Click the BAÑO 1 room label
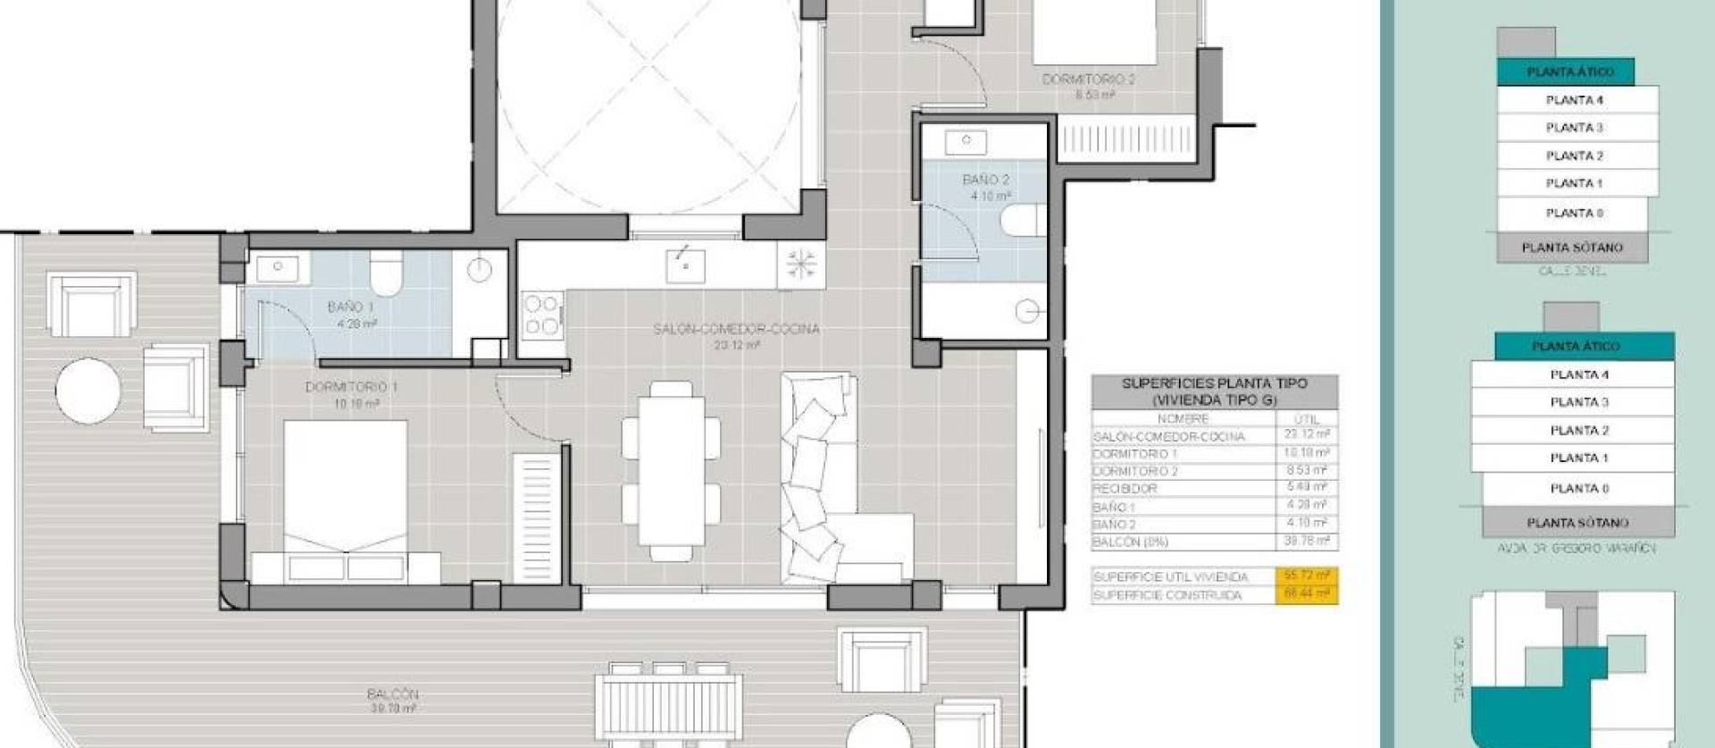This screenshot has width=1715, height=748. click(350, 307)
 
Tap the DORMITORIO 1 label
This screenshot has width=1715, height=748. click(351, 387)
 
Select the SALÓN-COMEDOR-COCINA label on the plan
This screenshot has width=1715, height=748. click(736, 329)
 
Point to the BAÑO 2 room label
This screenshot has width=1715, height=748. click(985, 180)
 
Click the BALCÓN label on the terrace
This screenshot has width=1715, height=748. click(392, 693)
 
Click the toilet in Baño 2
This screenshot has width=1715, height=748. click(1023, 220)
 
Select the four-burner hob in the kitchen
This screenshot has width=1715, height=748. click(541, 315)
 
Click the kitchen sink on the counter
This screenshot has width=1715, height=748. click(685, 265)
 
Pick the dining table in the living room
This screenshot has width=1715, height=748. click(671, 463)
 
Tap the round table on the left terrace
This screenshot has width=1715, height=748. click(88, 391)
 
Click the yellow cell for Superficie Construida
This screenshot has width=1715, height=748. click(1306, 594)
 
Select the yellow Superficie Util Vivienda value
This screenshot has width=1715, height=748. click(1306, 576)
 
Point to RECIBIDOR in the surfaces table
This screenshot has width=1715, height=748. click(1125, 489)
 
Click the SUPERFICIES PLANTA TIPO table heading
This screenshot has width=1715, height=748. click(1214, 391)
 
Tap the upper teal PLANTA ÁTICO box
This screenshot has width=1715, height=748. click(1569, 72)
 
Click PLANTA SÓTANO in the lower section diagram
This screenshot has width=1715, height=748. click(1577, 523)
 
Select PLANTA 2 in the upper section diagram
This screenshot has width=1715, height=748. click(1575, 155)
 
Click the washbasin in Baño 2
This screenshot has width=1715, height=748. click(965, 140)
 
